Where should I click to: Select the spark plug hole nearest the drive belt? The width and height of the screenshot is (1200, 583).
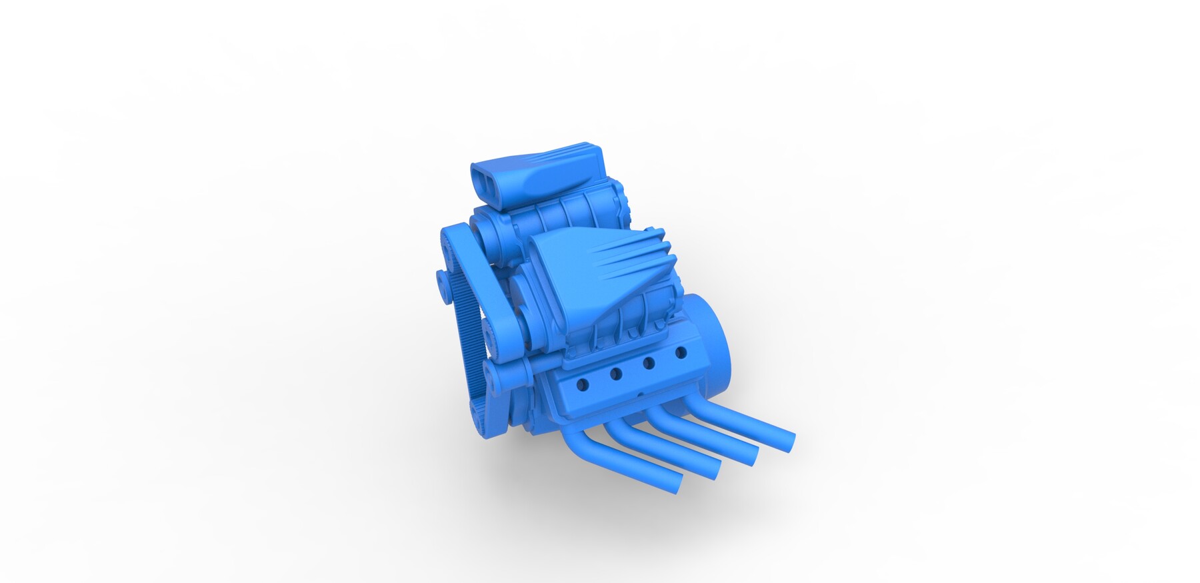[x=583, y=384]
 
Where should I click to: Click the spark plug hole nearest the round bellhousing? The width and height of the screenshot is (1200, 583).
[x=681, y=351]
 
